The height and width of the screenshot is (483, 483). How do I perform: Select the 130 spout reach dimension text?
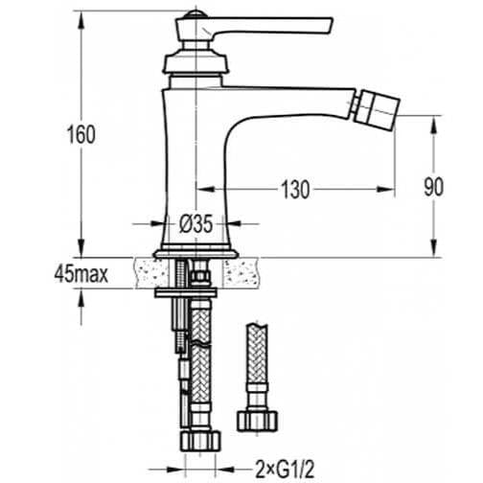(296, 190)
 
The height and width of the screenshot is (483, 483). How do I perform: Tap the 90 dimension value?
(433, 188)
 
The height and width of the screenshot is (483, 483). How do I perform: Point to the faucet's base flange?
(195, 251)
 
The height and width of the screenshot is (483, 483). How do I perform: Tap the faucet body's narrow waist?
(195, 153)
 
